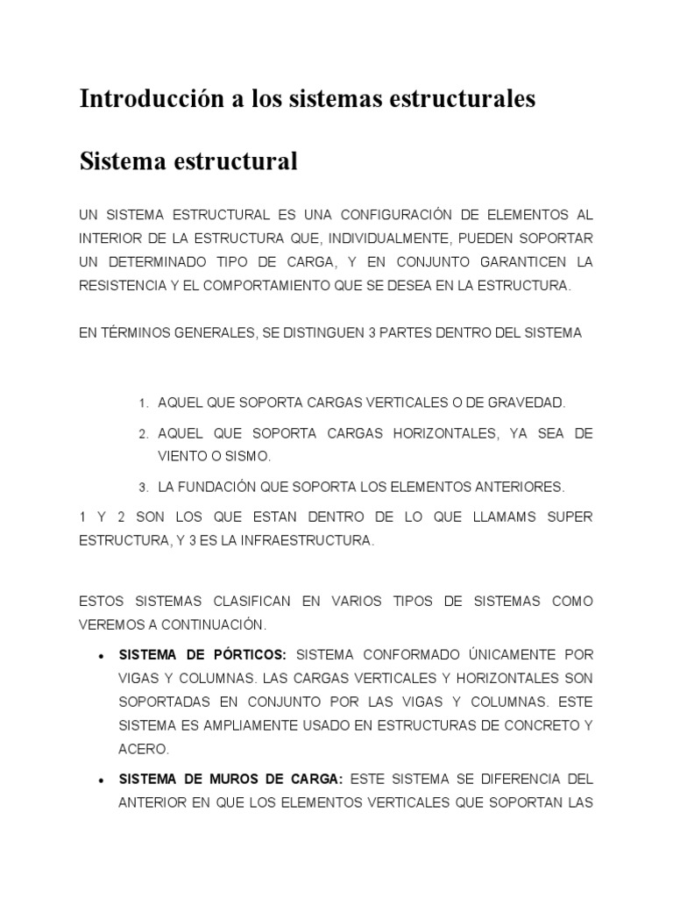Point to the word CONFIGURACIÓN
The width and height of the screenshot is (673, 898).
pos(415,215)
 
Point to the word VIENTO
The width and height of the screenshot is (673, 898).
pos(182,456)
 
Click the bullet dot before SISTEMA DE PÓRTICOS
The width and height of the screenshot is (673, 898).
pos(103,656)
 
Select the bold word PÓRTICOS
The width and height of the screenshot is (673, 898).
pos(248,654)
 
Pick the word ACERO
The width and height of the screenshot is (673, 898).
pos(143,750)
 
